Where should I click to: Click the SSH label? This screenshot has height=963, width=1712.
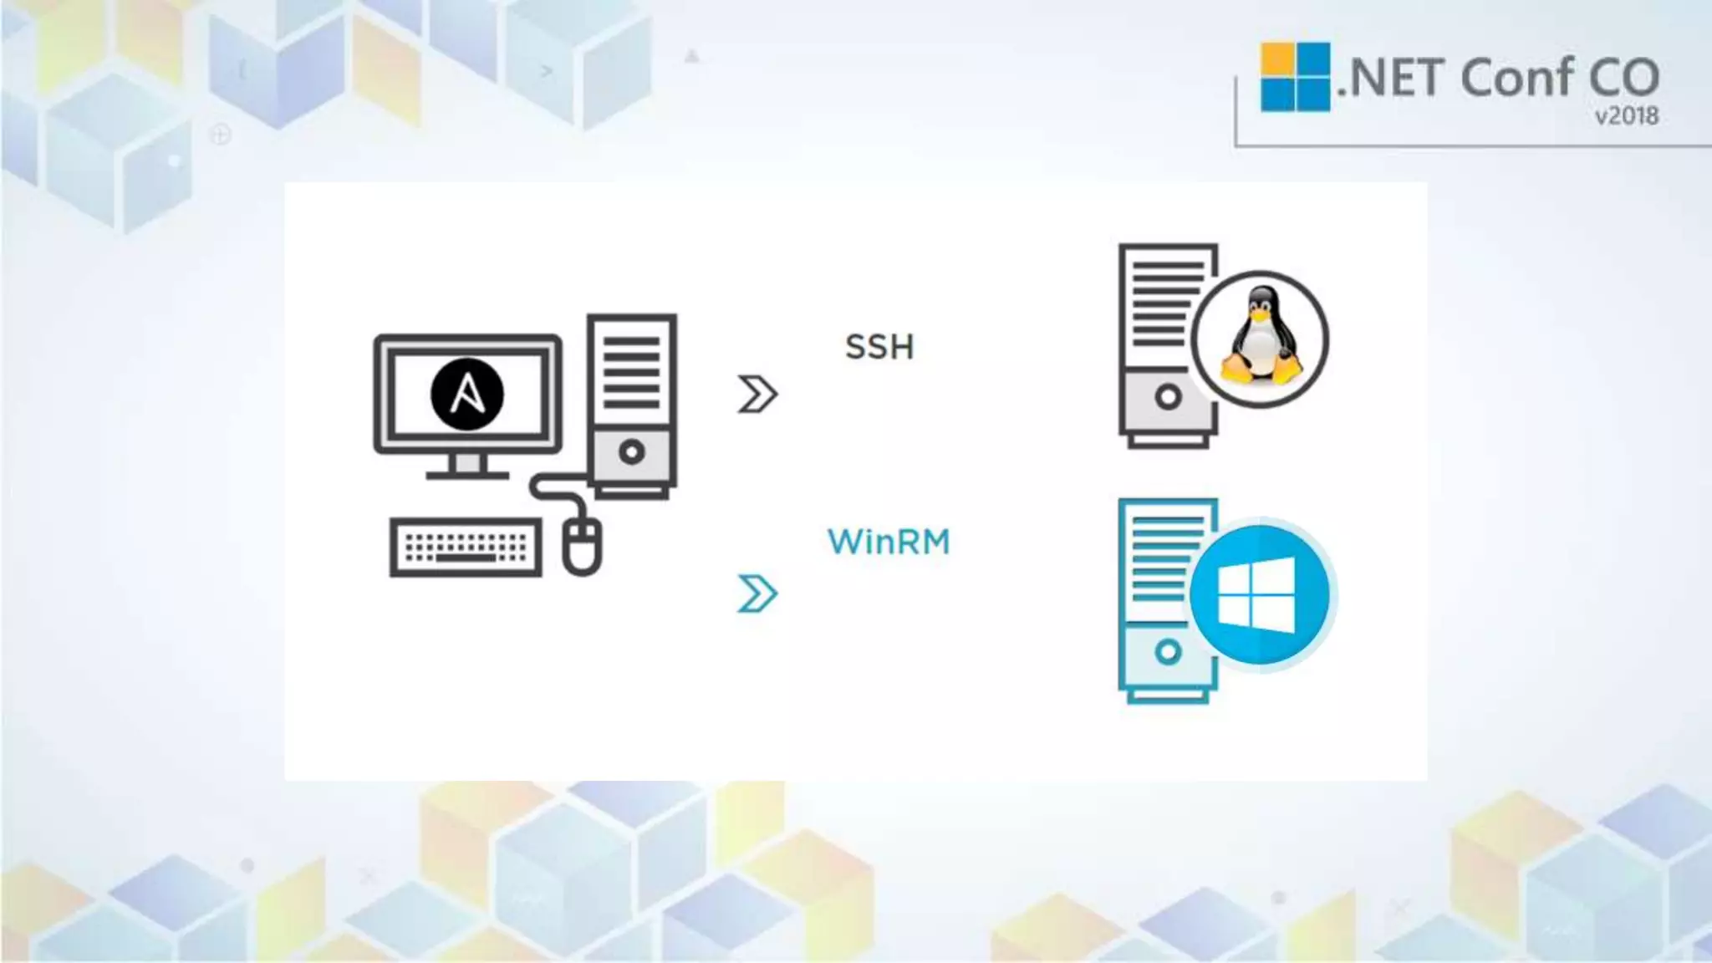point(879,347)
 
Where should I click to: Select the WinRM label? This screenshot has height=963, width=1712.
point(889,542)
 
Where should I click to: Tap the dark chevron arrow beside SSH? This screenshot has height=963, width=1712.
point(757,394)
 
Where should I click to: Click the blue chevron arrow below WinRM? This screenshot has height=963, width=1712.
point(757,594)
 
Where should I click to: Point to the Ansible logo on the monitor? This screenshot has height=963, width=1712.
point(467,394)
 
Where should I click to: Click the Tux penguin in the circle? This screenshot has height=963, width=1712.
point(1261,339)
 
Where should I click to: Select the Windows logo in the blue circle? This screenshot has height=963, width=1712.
point(1257,595)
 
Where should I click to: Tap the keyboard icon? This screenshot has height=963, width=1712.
point(466,548)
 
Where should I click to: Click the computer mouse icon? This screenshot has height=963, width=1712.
point(582,545)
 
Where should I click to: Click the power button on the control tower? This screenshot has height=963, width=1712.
point(632,452)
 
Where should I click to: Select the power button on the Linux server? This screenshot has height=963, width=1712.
point(1168,397)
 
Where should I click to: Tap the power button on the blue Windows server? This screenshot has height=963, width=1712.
point(1168,651)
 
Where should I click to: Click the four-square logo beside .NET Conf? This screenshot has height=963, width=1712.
point(1295,77)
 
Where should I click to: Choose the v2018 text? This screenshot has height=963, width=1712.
point(1626,116)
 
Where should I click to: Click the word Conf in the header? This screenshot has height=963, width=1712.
point(1515,78)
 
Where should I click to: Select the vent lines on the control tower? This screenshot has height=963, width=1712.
point(632,373)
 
